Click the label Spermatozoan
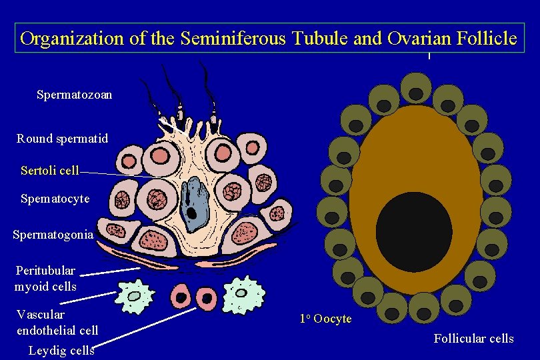(74, 95)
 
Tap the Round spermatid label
(62, 139)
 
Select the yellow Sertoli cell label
(50, 171)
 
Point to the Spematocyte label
(55, 199)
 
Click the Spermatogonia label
(53, 235)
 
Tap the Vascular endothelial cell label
(57, 322)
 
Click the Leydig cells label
(61, 351)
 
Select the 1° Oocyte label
(325, 319)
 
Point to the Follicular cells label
(473, 339)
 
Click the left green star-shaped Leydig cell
(135, 296)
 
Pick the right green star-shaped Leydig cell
(243, 294)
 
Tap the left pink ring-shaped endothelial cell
(181, 295)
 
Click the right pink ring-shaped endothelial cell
(206, 297)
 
